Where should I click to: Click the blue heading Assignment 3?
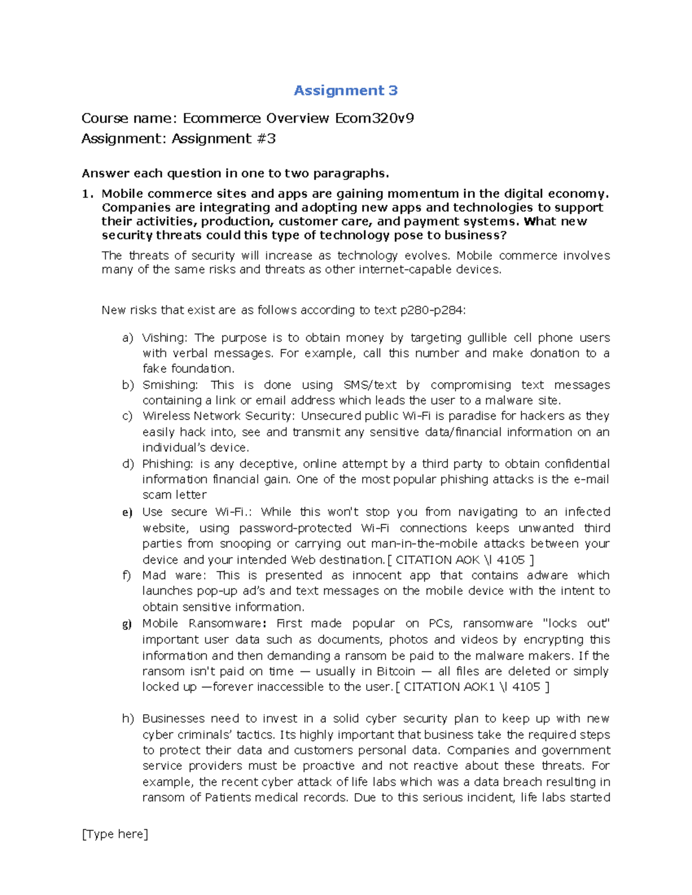(345, 90)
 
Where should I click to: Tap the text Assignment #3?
(224, 139)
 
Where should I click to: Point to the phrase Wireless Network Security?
(218, 416)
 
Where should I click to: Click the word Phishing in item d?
(167, 464)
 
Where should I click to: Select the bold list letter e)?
(127, 512)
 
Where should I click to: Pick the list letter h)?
(127, 719)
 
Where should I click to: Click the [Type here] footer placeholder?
(115, 834)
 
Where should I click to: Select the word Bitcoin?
(396, 671)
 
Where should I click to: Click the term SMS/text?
(370, 385)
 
